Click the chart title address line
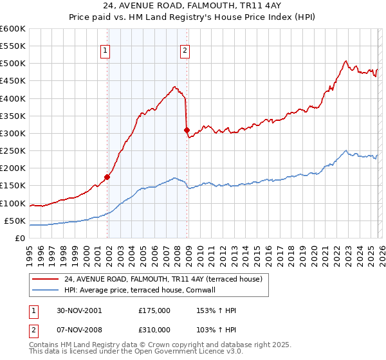tap(192, 6)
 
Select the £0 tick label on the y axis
tap(19, 238)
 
